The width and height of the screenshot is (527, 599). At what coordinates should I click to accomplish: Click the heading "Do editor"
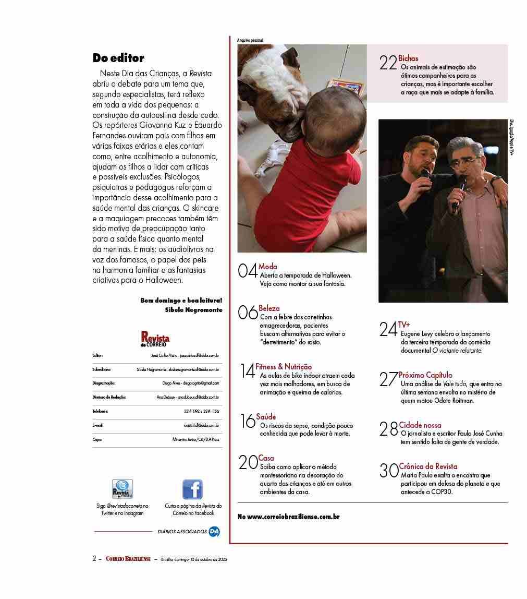(x=118, y=58)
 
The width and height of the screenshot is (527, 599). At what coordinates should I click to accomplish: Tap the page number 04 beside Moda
(x=248, y=271)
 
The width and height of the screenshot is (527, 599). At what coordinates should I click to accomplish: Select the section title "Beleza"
(x=269, y=308)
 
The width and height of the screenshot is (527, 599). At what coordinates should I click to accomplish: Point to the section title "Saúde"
(x=266, y=417)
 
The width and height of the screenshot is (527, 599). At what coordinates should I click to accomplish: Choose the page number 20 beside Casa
(x=248, y=463)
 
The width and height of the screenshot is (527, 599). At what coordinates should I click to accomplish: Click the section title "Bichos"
(x=408, y=58)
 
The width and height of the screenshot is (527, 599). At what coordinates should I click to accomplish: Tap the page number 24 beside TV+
(x=388, y=329)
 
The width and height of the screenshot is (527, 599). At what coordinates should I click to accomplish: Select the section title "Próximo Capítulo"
(x=425, y=375)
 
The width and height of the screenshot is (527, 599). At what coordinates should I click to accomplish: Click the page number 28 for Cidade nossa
(x=389, y=429)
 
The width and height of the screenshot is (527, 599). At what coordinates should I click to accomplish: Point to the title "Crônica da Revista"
(x=428, y=466)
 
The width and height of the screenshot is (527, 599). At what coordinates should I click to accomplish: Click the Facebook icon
(x=192, y=489)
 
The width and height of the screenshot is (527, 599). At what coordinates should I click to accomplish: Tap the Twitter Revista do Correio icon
(x=122, y=489)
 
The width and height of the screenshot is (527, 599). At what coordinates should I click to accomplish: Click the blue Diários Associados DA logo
(x=214, y=532)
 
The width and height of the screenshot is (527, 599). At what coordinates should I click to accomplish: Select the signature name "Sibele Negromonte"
(x=193, y=310)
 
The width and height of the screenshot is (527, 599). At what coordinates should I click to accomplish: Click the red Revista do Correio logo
(x=155, y=339)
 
